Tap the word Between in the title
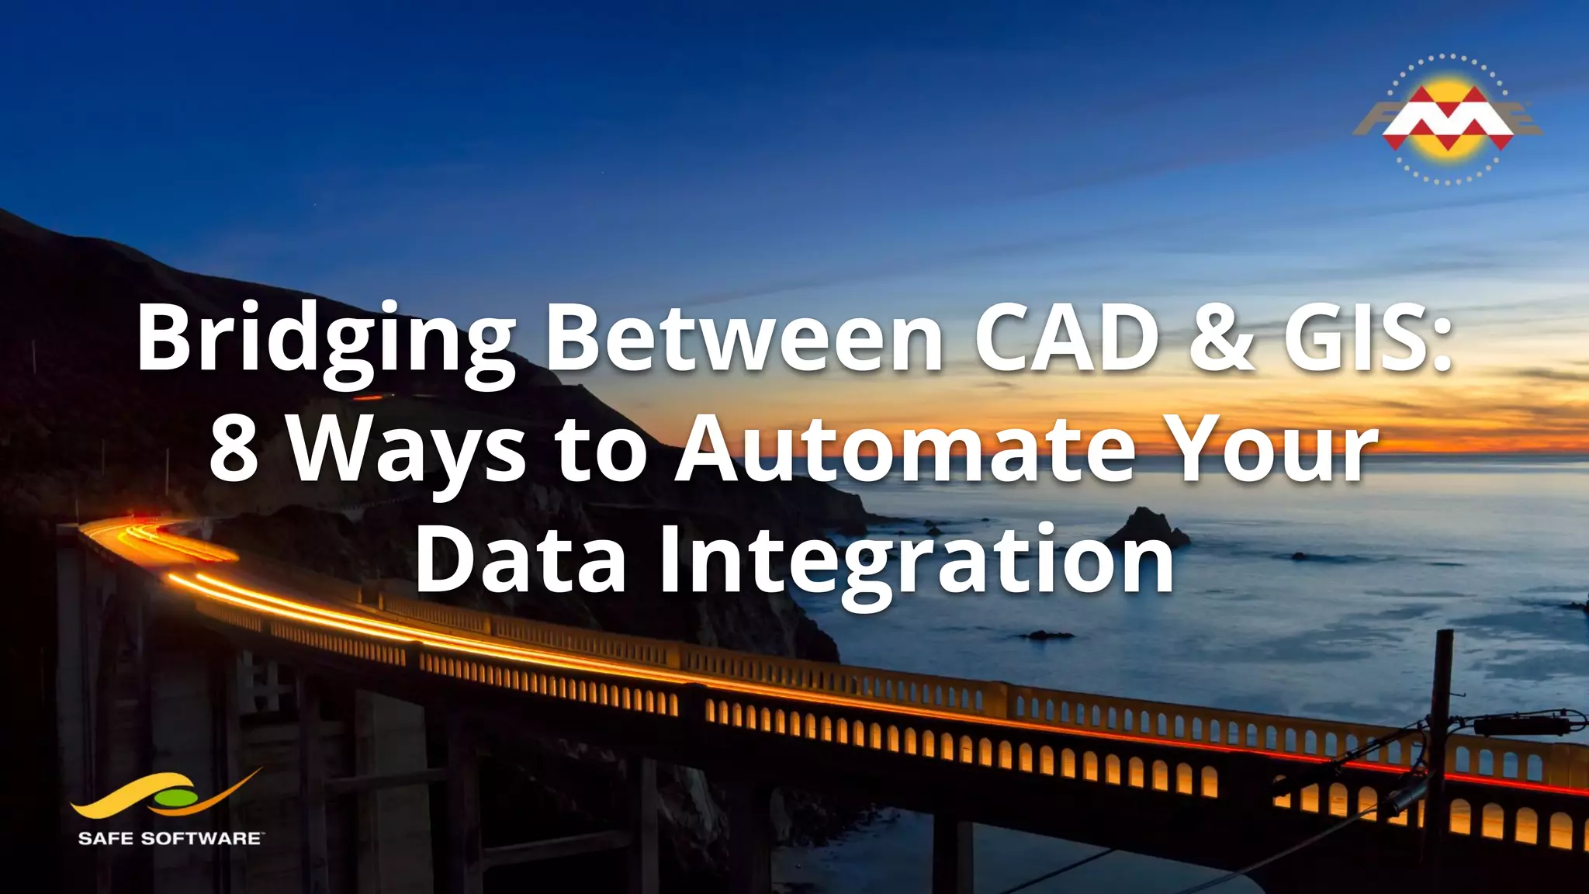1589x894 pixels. point(745,338)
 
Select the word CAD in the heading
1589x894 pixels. point(1066,338)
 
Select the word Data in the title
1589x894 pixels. point(521,560)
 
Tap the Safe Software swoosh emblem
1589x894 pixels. point(167,795)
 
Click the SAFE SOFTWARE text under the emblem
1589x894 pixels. point(170,838)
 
